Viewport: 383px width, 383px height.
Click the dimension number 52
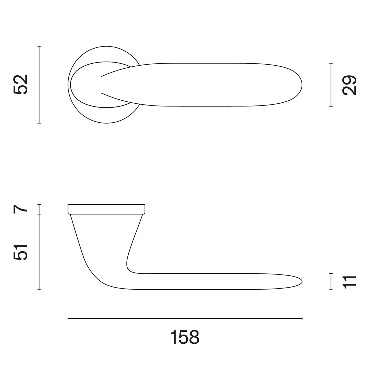(x=20, y=85)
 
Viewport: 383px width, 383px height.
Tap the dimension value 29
(x=349, y=85)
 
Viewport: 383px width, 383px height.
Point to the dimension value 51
(x=20, y=252)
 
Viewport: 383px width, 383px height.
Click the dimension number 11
(x=349, y=282)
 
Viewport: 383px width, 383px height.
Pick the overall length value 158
(x=185, y=337)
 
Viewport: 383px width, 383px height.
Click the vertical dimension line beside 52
(x=39, y=85)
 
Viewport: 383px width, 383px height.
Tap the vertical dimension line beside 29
(x=331, y=85)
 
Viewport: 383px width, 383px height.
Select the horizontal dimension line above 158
(x=185, y=318)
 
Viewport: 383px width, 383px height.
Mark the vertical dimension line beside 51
(x=39, y=252)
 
